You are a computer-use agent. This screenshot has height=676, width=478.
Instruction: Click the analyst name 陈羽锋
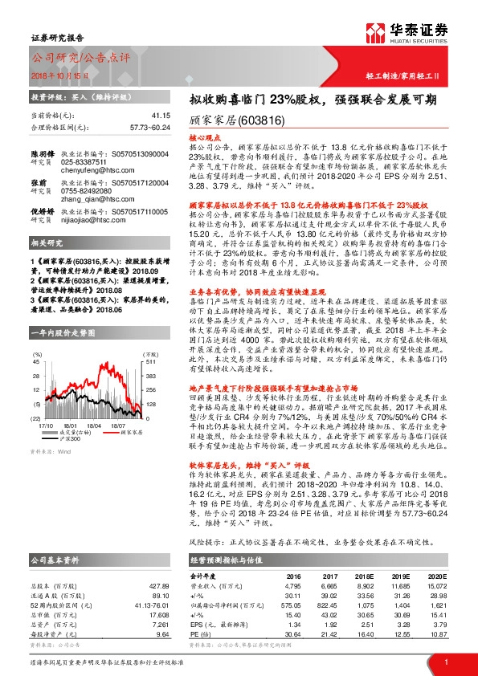(43, 153)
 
